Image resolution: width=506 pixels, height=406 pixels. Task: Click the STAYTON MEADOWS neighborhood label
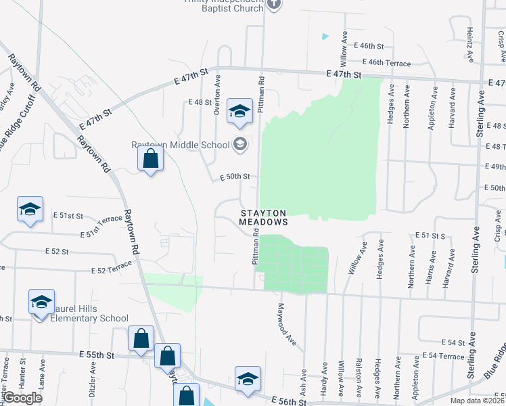click(x=264, y=217)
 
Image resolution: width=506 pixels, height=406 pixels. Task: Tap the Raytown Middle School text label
click(x=181, y=144)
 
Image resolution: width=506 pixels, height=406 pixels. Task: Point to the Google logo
click(x=22, y=398)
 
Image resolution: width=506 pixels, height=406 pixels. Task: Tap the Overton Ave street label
click(x=217, y=99)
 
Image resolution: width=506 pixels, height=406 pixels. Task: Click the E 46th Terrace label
click(x=389, y=63)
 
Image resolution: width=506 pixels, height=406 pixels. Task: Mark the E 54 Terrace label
click(x=443, y=355)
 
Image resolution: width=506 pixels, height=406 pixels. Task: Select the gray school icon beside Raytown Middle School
click(x=239, y=143)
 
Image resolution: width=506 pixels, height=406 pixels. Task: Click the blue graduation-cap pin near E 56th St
click(x=248, y=379)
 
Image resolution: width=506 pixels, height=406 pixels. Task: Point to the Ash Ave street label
click(x=304, y=382)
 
